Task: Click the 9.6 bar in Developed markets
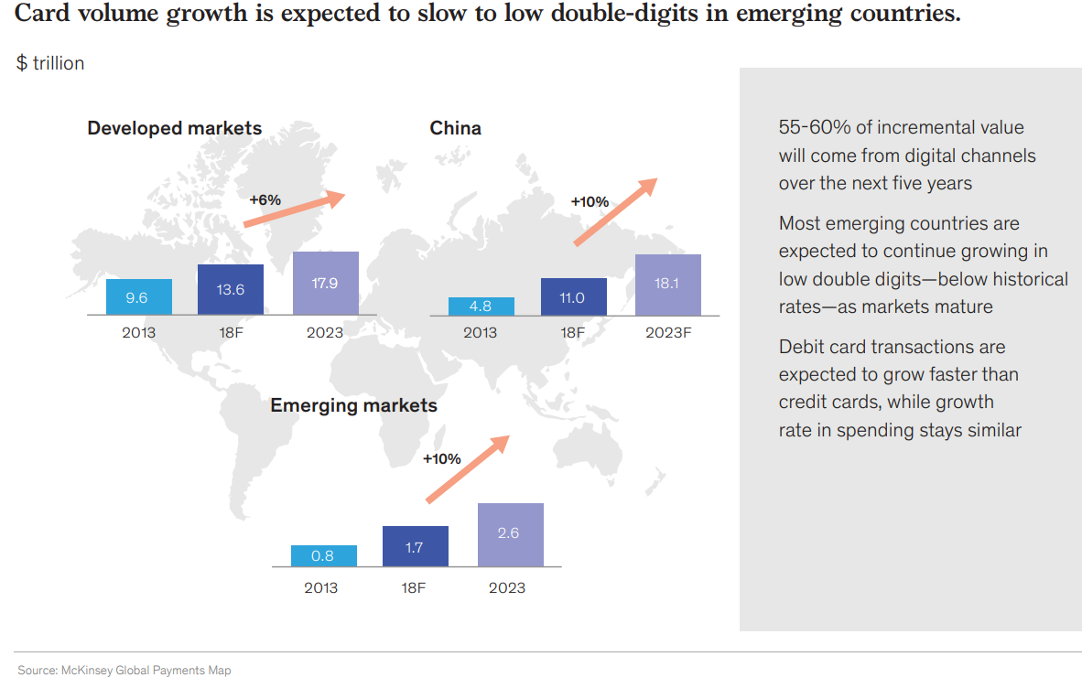pos(139,296)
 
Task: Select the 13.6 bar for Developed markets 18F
pos(231,289)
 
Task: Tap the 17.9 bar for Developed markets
pos(325,283)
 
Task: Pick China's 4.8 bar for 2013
pos(481,306)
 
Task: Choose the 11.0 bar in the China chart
pos(573,296)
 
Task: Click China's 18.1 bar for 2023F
pos(667,285)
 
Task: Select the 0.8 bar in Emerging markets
pos(324,555)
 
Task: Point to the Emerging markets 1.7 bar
pos(416,546)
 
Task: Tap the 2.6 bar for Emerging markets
pos(510,534)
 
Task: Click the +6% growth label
pos(265,199)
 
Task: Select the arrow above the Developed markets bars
pos(293,210)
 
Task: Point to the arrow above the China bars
pos(615,211)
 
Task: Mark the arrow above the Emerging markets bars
pos(467,468)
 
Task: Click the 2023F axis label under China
pos(667,332)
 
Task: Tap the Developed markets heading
pos(174,128)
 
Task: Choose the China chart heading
pos(455,128)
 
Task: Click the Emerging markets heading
pos(353,404)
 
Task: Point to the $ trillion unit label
pos(50,63)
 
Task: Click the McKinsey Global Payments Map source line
pos(124,671)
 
